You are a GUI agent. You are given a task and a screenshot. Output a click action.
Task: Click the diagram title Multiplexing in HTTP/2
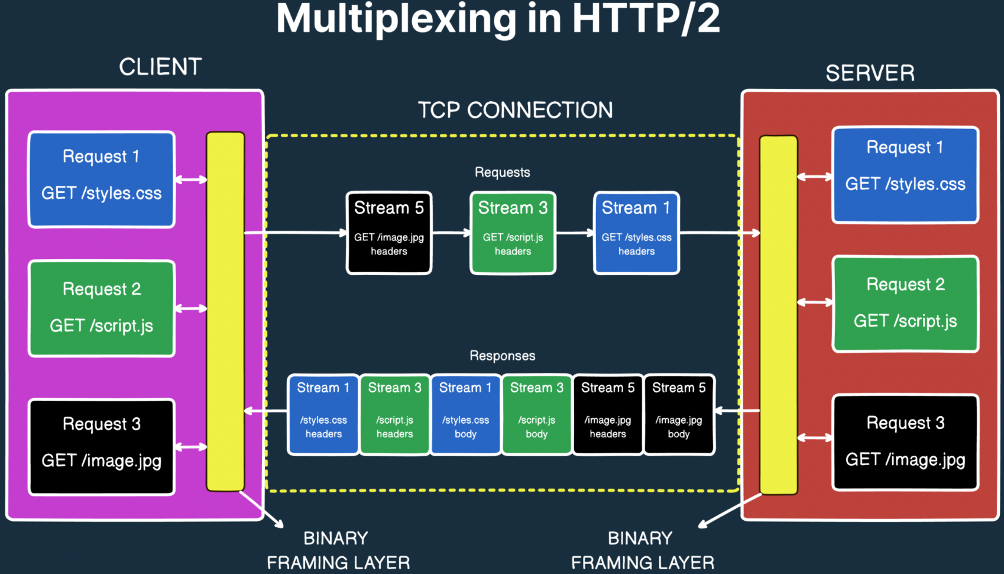(498, 19)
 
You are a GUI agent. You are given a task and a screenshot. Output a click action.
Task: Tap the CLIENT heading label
(160, 67)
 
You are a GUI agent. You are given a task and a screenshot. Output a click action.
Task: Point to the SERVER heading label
(870, 73)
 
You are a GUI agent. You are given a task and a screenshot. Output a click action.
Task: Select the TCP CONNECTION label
(515, 110)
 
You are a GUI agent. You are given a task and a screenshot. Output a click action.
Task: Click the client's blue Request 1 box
(102, 179)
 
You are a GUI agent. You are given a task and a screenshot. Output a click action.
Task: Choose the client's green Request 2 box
(102, 308)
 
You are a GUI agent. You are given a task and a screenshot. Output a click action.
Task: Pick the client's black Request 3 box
(102, 447)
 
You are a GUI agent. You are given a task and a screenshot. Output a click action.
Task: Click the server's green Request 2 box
(905, 304)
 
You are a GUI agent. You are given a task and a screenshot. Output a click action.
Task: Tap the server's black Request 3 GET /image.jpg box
(905, 442)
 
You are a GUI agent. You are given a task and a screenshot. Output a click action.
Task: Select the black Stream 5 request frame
(389, 233)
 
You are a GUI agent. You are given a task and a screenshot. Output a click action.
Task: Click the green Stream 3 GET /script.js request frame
(513, 233)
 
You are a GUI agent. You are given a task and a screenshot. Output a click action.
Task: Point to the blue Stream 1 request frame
(636, 233)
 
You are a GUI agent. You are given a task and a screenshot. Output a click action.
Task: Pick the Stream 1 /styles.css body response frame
(465, 414)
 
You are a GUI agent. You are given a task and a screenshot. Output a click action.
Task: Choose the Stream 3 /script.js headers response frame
(394, 414)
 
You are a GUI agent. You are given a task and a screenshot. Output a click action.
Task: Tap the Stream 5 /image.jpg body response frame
(679, 414)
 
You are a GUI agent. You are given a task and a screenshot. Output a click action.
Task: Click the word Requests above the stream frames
(502, 172)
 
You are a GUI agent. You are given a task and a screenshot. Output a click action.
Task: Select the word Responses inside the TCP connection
(502, 356)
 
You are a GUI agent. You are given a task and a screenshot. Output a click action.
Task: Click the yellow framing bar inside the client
(225, 311)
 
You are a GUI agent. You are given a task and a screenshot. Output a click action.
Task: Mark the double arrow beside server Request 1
(815, 176)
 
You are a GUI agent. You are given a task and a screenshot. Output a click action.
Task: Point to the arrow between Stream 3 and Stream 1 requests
(575, 233)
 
